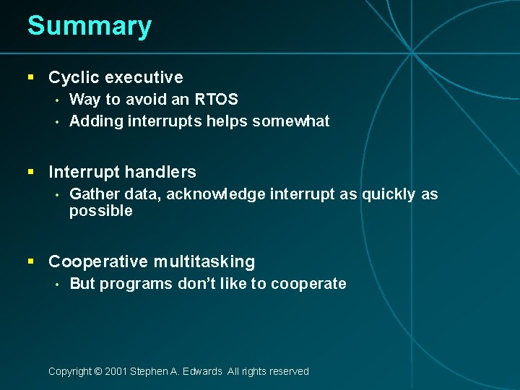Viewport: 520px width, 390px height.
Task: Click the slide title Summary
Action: coord(90,27)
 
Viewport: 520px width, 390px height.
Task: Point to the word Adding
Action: coord(96,121)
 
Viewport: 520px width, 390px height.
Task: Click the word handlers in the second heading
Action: coord(162,172)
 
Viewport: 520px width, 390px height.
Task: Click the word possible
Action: coord(100,212)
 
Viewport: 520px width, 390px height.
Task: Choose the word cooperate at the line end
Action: coord(308,284)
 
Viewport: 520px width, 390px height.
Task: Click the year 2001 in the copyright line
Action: coord(116,371)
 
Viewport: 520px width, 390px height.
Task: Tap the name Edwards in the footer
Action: coord(203,371)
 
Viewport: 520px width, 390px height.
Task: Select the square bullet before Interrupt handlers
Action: coord(31,172)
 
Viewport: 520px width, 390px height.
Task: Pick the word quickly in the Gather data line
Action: coord(389,194)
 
